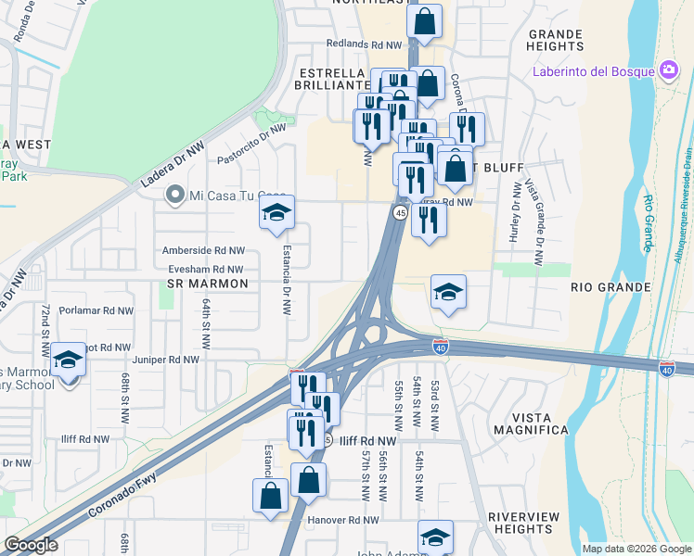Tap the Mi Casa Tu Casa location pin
[x=173, y=195]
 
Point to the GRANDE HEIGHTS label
[x=555, y=40]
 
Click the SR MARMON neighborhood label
[x=208, y=284]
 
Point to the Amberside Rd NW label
[x=203, y=250]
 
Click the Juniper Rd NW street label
[x=166, y=360]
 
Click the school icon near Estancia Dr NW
[x=276, y=214]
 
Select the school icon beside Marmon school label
[x=68, y=358]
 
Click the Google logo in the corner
[x=32, y=546]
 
